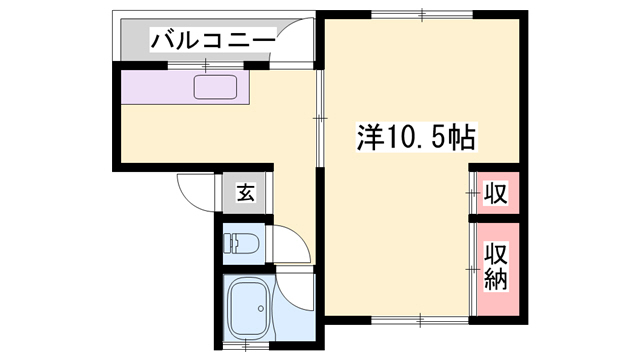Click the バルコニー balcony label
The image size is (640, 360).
click(x=213, y=40)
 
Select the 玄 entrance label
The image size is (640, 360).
click(x=244, y=193)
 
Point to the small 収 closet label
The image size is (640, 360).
click(x=494, y=191)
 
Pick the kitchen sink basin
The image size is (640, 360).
click(x=216, y=89)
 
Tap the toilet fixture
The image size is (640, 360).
click(x=241, y=243)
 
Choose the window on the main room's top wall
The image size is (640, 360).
click(x=421, y=14)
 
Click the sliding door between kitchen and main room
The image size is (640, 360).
click(x=317, y=116)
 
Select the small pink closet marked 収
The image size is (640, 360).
click(x=494, y=191)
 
